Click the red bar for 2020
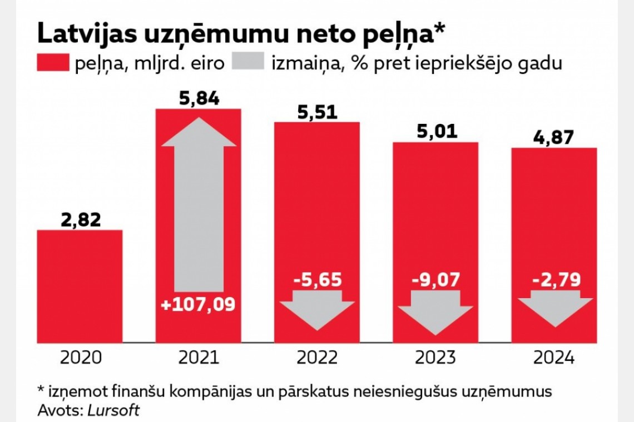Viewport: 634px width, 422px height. (x=80, y=286)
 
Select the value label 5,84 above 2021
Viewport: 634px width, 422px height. (x=199, y=99)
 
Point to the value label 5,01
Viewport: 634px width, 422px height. (x=436, y=132)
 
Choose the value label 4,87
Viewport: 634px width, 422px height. (x=554, y=138)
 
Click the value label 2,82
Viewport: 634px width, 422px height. (x=80, y=220)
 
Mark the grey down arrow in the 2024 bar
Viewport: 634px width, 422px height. (x=554, y=312)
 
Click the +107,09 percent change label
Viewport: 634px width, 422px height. (x=199, y=304)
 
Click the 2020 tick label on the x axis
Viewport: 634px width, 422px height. (x=80, y=358)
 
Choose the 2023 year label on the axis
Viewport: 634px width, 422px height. (x=436, y=358)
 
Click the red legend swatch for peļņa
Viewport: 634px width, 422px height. (x=53, y=63)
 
